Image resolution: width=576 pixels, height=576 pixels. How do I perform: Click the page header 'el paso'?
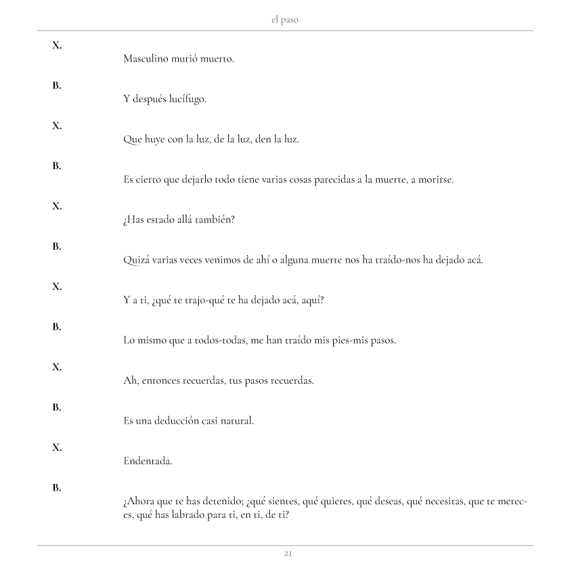tap(284, 20)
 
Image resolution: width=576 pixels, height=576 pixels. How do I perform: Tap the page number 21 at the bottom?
tap(288, 554)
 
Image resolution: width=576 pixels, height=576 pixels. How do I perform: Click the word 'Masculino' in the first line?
tap(145, 59)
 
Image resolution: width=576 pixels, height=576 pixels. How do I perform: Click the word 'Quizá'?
tap(135, 261)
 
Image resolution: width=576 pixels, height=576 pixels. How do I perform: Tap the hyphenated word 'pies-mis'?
tap(336, 340)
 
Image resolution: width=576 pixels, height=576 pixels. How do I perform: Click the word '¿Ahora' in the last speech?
tap(139, 502)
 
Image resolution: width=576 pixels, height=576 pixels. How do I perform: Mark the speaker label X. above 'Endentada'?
tap(57, 447)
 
